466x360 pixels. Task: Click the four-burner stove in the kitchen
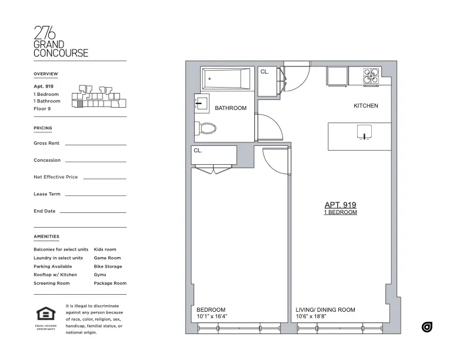pos(372,76)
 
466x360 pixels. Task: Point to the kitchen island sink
pos(365,132)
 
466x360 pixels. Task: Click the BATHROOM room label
pos(230,108)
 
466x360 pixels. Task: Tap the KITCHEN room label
pos(365,106)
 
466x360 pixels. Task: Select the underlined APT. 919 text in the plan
pos(340,205)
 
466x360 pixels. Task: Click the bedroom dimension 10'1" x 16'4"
pos(212,317)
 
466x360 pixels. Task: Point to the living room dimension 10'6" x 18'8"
pos(317,317)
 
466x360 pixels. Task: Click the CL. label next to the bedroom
pos(198,151)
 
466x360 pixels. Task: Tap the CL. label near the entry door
pos(265,72)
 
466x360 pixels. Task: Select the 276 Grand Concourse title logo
pos(61,42)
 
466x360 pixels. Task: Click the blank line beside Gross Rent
pos(95,144)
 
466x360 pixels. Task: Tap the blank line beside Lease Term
pos(95,195)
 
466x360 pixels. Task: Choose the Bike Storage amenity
pos(108,266)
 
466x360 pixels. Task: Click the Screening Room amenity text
pos(52,284)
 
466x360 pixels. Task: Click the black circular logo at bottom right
pos(427,327)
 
